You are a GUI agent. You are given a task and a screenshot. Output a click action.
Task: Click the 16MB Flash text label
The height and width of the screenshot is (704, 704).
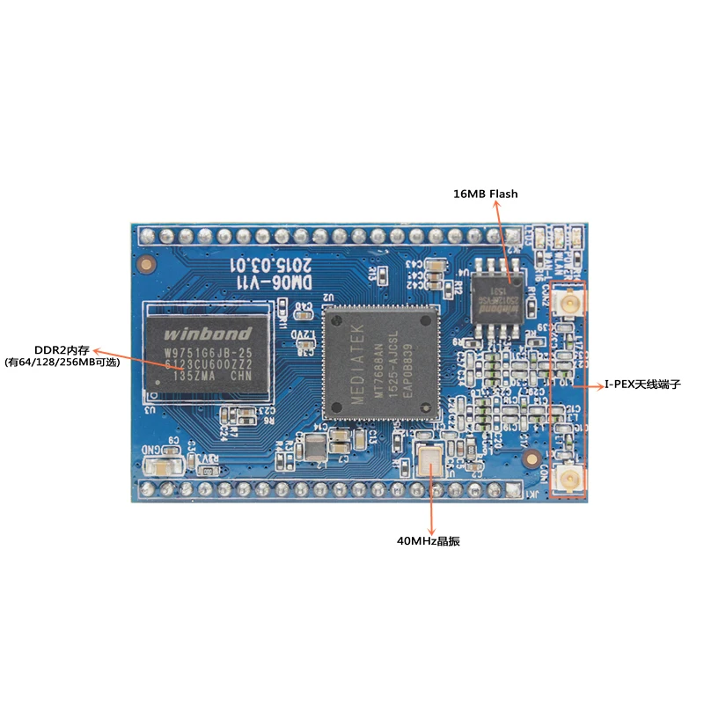tap(487, 193)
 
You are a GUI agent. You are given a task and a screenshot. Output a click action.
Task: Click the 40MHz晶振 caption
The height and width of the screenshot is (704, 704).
tap(429, 541)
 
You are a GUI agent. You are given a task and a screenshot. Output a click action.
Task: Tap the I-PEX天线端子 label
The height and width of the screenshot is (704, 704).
tap(642, 385)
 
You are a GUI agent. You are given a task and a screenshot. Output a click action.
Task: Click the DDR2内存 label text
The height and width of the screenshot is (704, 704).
tap(62, 348)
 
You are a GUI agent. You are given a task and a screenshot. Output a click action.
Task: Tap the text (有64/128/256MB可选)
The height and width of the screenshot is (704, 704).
tap(62, 362)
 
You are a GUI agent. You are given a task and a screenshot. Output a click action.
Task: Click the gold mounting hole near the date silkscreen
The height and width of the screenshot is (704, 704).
tap(144, 262)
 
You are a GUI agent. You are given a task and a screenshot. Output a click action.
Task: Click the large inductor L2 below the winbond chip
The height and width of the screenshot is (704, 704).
tap(314, 449)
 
